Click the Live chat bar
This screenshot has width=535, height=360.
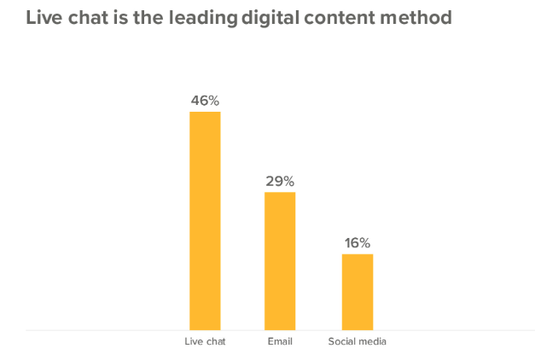(x=205, y=220)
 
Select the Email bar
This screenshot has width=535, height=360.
(x=280, y=260)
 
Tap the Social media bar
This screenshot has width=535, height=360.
(x=358, y=291)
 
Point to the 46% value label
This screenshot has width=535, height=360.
(x=205, y=102)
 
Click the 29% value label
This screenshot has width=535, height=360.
(x=280, y=181)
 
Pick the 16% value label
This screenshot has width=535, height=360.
(x=358, y=243)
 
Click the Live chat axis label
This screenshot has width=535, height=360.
(x=205, y=342)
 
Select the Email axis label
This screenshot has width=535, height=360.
(x=280, y=342)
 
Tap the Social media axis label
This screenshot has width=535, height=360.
(x=358, y=342)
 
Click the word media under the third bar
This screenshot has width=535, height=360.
(x=373, y=342)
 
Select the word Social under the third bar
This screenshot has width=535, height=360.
(x=342, y=342)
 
